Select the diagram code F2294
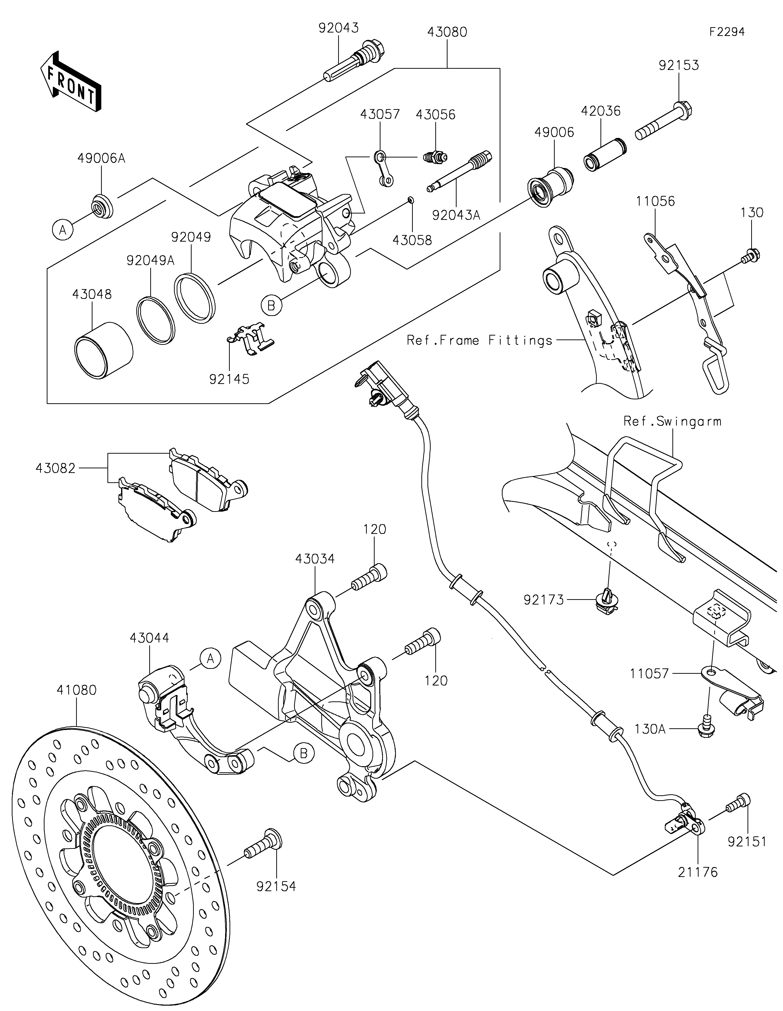[727, 32]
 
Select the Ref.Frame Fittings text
[479, 341]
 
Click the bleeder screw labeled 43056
[435, 157]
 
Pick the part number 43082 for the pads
[55, 469]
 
